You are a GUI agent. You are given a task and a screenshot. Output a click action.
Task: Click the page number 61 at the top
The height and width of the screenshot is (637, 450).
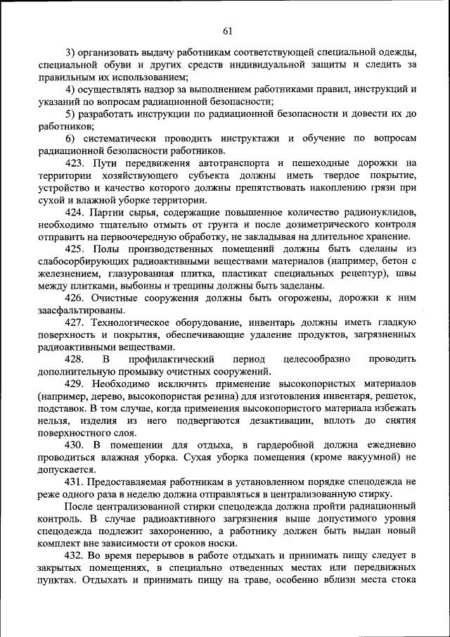click(x=226, y=30)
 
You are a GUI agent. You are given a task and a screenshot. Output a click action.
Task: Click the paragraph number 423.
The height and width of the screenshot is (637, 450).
click(x=75, y=163)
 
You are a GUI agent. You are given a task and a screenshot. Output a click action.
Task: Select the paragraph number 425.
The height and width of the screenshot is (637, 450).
click(x=75, y=249)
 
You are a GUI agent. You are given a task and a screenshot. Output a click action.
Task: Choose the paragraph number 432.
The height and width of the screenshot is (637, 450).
click(x=75, y=556)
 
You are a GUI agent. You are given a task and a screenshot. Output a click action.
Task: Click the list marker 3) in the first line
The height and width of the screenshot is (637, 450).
click(x=71, y=53)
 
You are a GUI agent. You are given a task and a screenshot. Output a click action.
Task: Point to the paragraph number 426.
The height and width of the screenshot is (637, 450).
click(x=75, y=298)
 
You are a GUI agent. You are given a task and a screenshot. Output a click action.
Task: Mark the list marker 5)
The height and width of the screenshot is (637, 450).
click(x=71, y=114)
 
